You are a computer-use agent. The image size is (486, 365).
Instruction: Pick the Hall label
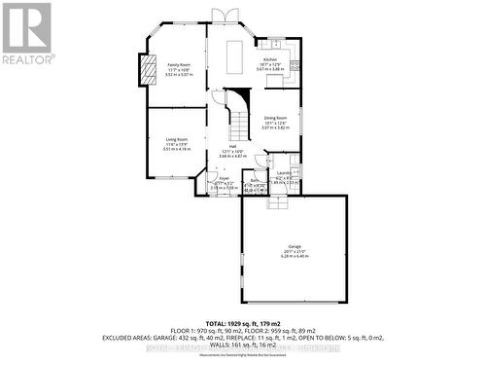[x=233, y=145]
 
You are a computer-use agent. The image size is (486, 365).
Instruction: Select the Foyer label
[x=223, y=178]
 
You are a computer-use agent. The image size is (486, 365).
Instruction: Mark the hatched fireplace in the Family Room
[x=149, y=69]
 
